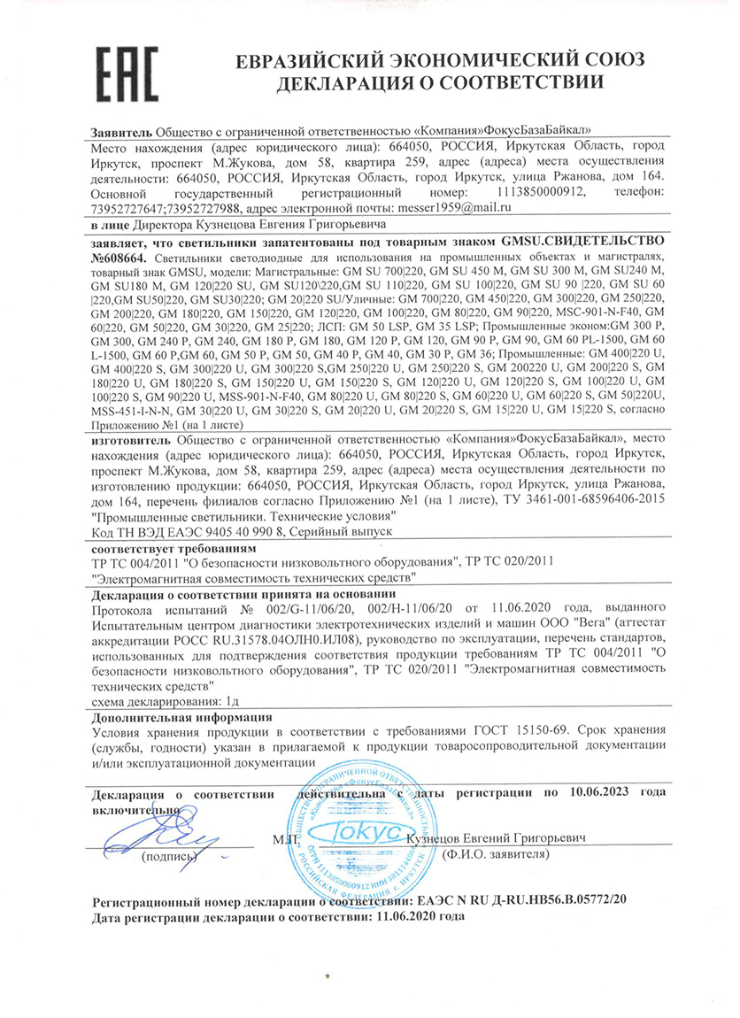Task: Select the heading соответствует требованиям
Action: tap(162, 548)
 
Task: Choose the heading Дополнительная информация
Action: tap(182, 714)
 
